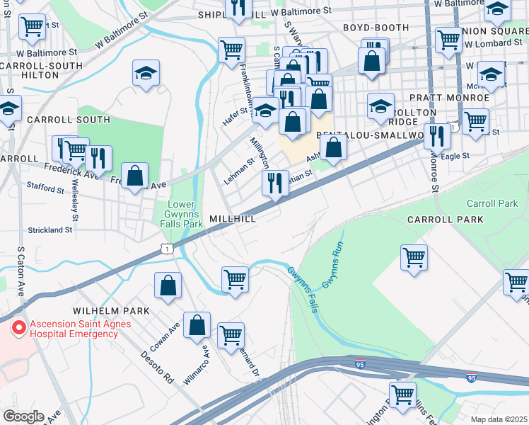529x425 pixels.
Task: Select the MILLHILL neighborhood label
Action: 232,220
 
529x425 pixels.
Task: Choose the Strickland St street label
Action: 50,230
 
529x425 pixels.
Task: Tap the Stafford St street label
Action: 46,188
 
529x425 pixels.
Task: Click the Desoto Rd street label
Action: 156,367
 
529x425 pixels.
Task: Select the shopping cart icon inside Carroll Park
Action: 414,256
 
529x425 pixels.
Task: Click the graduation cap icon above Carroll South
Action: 146,73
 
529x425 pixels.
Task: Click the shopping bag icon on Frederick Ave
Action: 134,176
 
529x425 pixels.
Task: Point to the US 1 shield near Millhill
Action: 166,248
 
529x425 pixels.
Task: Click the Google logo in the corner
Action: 23,416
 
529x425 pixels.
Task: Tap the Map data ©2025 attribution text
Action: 499,419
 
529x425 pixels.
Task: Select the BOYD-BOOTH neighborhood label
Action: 376,28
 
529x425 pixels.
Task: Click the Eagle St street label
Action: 455,156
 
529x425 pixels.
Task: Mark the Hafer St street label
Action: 236,110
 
